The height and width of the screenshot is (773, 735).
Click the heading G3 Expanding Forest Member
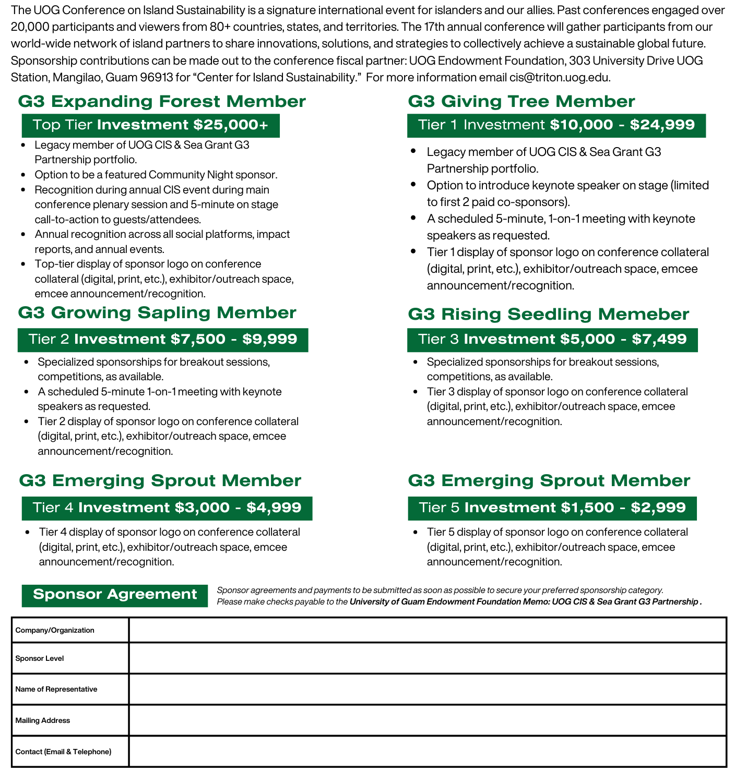tap(162, 101)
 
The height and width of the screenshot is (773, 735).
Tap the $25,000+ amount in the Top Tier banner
tap(230, 125)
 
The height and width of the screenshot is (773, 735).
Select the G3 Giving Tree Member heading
tap(521, 101)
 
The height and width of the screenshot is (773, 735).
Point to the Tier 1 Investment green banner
tap(556, 125)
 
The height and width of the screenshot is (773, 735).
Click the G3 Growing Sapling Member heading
tap(157, 313)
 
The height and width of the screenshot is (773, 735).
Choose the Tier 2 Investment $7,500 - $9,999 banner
tap(162, 340)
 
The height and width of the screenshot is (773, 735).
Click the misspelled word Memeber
tap(644, 314)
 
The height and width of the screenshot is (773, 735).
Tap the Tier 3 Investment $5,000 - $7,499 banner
tap(552, 340)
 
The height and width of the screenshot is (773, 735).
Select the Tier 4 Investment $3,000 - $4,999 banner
tap(167, 508)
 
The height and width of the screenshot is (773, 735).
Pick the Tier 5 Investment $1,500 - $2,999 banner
tap(552, 508)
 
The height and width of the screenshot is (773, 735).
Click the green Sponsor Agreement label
tap(115, 595)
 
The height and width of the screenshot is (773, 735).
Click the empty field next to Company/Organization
tap(427, 630)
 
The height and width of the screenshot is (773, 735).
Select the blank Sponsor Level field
tap(427, 658)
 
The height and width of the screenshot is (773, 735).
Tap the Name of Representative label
tap(56, 689)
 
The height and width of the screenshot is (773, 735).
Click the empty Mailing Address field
tap(427, 720)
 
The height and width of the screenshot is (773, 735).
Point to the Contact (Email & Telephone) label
tap(63, 752)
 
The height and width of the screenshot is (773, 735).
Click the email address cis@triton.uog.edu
tap(559, 78)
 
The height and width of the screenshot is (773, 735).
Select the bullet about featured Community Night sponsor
tap(156, 175)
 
